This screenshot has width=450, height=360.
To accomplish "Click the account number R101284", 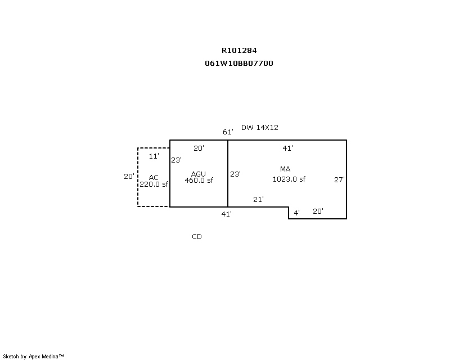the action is point(239,51).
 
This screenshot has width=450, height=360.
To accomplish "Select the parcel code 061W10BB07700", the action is point(239,64).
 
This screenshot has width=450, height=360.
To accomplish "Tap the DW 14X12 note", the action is point(260,128).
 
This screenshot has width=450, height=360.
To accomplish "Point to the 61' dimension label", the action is point(228,132).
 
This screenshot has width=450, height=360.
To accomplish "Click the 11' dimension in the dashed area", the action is point(154,156).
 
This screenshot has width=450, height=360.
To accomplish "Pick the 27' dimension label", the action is point(339,179).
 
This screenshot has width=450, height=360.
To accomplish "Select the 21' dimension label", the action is point(258,199).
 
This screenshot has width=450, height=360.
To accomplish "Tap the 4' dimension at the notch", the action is point(297,213).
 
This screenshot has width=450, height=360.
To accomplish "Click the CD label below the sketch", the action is point(197,237).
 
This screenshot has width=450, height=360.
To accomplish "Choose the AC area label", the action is point(154,177).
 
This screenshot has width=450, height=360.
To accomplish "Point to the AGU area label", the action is point(199,174).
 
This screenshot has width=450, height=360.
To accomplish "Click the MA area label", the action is point(285,169).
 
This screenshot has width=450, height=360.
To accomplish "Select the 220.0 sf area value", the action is point(154,184).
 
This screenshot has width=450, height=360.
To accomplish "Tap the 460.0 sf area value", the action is point(199,181).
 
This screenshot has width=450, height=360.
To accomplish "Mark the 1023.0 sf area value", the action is point(289,179).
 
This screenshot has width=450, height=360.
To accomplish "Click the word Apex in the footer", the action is point(34,357).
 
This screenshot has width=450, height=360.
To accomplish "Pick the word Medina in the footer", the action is point(50,357).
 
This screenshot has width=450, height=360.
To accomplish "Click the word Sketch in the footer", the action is point(11,357).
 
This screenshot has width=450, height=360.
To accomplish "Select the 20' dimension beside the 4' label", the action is point(318,211).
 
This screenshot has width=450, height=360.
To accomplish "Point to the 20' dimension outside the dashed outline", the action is point(129,177).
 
